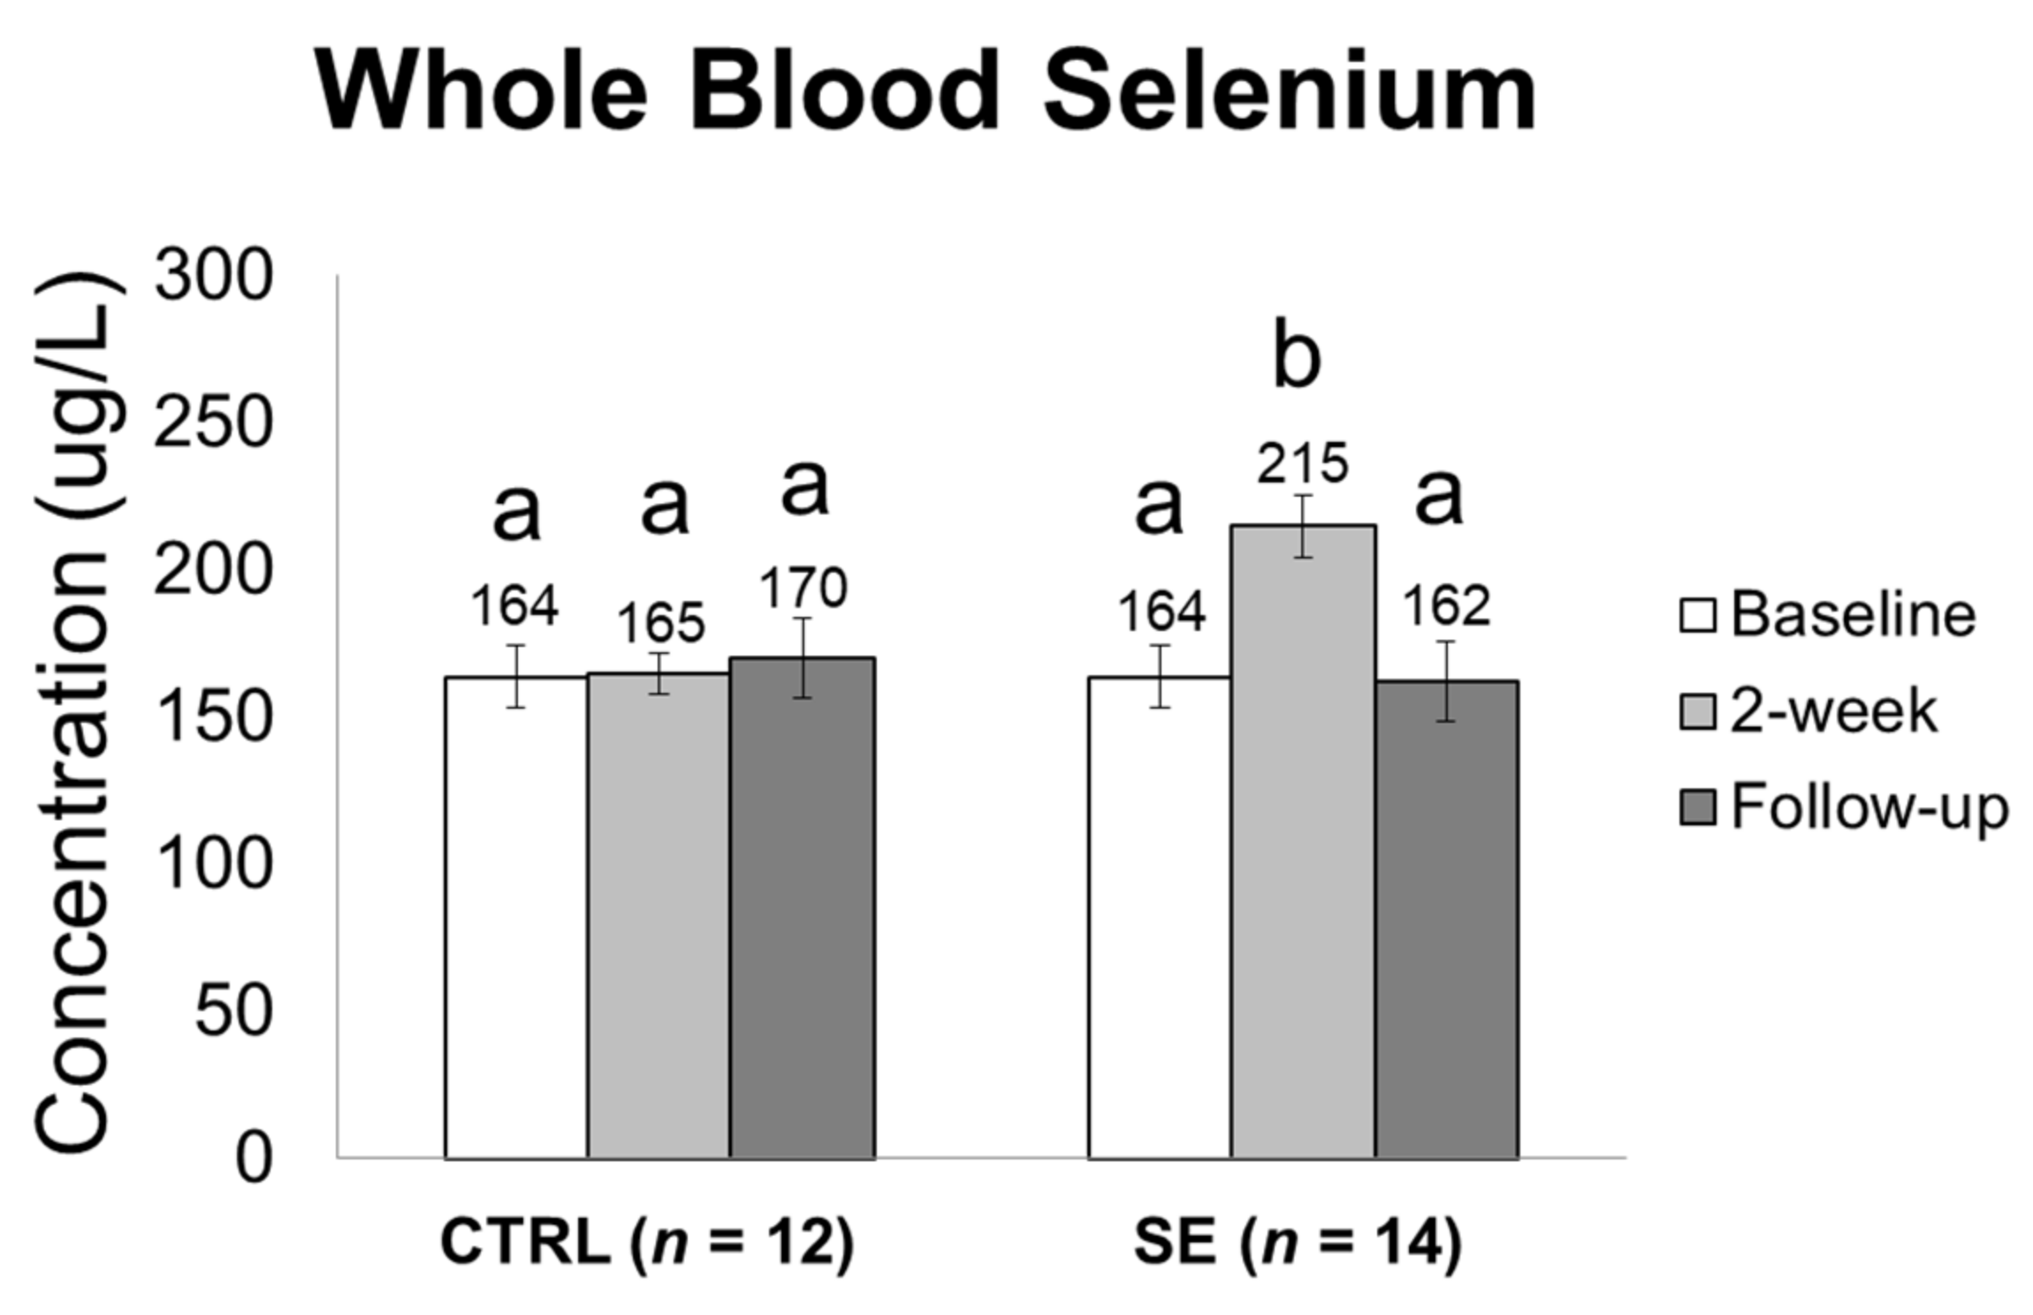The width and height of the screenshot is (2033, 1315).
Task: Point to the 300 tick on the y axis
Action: (x=212, y=277)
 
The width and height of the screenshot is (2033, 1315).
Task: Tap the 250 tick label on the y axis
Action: (x=212, y=424)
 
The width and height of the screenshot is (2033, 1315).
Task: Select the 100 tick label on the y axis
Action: (x=212, y=864)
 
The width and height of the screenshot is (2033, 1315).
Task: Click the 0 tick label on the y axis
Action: (x=253, y=1159)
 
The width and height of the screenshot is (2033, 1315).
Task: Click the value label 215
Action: (x=1303, y=463)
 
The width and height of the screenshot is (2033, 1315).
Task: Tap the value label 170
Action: (x=803, y=589)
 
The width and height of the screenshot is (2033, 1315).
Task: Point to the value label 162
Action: (x=1447, y=606)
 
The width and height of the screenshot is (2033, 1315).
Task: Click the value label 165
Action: (x=660, y=624)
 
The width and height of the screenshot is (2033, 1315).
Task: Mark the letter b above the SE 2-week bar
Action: (x=1297, y=359)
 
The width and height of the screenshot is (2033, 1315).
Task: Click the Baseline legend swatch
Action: (x=1697, y=616)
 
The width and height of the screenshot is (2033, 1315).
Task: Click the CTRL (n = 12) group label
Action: (x=647, y=1243)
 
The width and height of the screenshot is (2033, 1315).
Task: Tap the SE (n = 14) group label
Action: (x=1298, y=1243)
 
